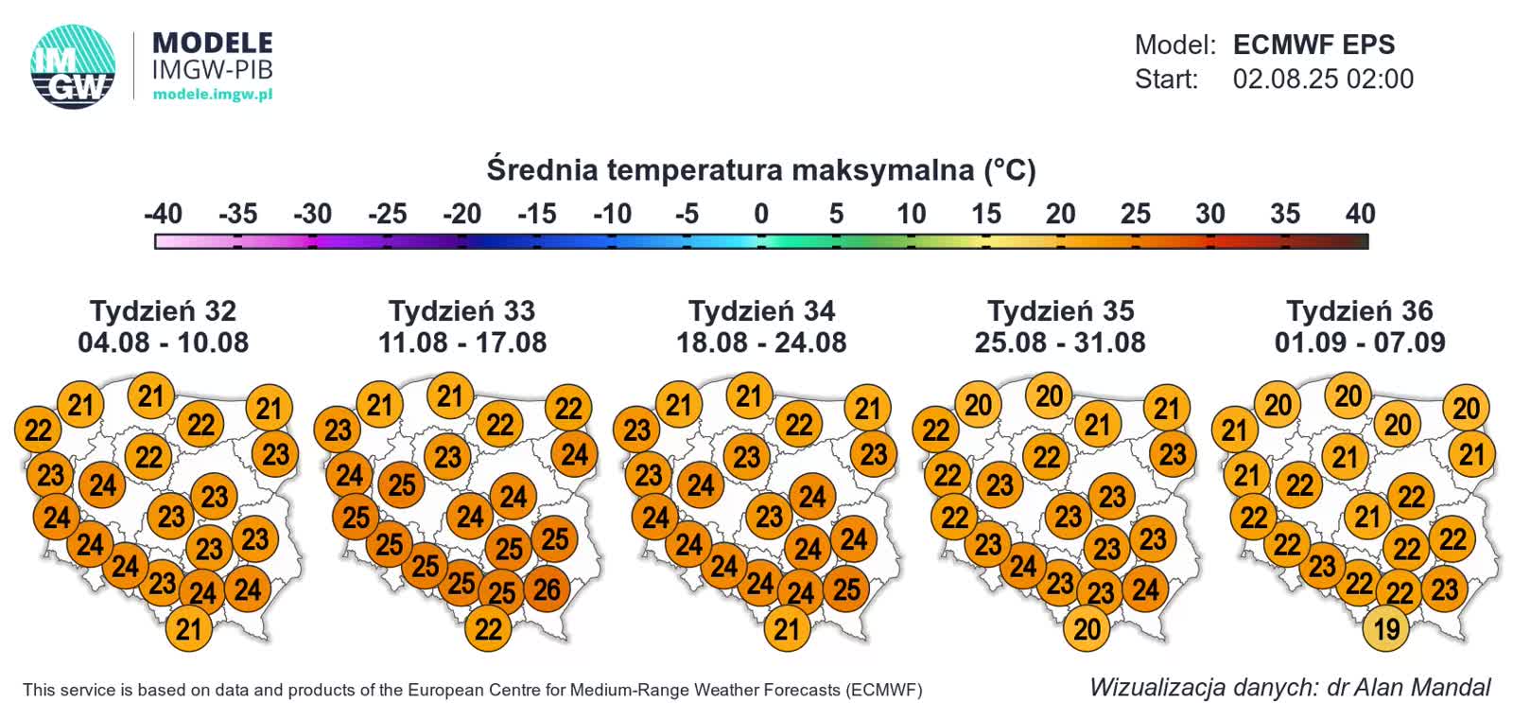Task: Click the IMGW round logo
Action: tap(73, 66)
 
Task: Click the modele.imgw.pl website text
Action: tap(212, 94)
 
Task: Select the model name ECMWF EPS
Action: tap(1313, 44)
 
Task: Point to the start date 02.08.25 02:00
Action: tap(1322, 79)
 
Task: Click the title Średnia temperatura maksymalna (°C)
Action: tap(761, 170)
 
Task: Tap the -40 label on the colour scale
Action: tap(163, 214)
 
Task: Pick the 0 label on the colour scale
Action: tap(760, 214)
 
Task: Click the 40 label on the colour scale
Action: tap(1359, 214)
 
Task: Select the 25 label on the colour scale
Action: tap(1135, 214)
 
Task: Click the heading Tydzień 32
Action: tap(163, 310)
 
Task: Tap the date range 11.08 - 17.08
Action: tap(461, 342)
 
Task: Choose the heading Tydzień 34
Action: tap(761, 310)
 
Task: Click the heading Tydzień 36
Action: tap(1359, 310)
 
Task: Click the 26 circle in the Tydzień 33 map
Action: tap(547, 589)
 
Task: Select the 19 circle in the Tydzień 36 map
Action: tap(1385, 629)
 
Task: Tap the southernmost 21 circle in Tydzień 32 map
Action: tap(188, 629)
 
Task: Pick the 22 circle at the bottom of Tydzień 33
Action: tap(488, 629)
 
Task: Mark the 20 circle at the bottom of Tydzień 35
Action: tap(1087, 629)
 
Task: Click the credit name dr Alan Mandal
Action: tap(1409, 687)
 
